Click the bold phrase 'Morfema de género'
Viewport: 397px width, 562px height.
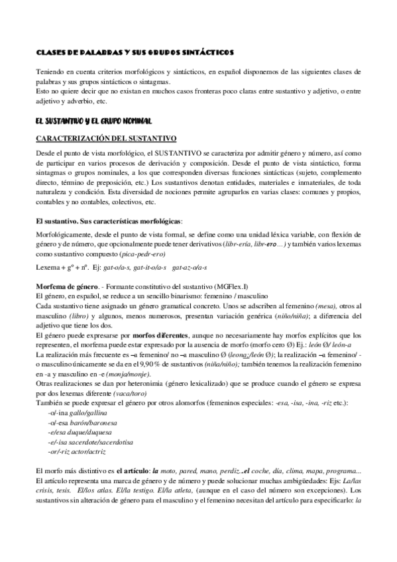click(65, 285)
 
